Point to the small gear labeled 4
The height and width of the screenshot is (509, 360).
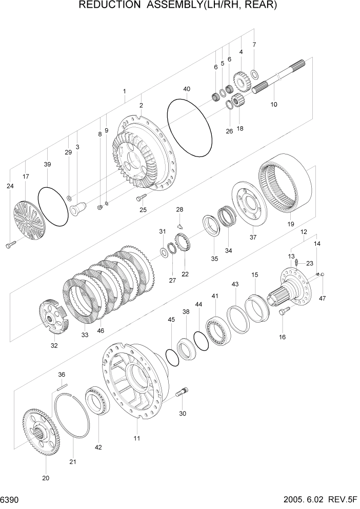[x=239, y=80]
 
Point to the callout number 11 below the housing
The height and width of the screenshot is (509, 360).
[x=137, y=438]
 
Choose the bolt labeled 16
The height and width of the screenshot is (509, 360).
[x=284, y=310]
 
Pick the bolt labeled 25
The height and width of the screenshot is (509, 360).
[x=141, y=197]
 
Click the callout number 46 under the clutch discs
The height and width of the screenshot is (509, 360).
[x=101, y=331]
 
